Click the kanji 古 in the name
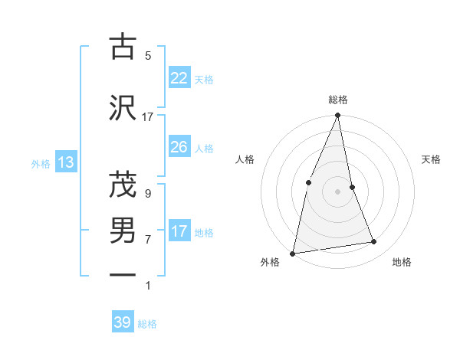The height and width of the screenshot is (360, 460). coord(123,47)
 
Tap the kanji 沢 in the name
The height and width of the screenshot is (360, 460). coord(123,108)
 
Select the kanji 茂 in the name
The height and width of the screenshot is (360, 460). coord(123,185)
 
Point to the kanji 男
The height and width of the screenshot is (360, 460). coord(123,230)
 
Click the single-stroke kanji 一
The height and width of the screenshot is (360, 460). coord(123,274)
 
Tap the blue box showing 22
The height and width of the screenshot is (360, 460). coord(179,78)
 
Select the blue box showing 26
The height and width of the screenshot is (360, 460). coord(179,147)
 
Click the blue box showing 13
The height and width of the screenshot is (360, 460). coord(65,162)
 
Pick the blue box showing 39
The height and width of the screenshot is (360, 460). coord(123,322)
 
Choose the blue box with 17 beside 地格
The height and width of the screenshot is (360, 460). coord(179,231)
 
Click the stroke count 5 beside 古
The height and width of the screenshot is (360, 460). coord(148,55)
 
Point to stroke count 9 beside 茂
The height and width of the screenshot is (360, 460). coord(147,193)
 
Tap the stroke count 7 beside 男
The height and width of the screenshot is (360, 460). coord(147,239)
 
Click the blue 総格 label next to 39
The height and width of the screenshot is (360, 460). coord(147,324)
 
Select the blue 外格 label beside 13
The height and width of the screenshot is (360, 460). coord(41,163)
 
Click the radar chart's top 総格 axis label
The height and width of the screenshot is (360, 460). coord(337,100)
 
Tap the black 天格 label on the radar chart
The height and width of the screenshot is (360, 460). coord(431,159)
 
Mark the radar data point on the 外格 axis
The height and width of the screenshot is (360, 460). coord(292,253)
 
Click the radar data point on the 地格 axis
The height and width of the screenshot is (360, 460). coord(374,242)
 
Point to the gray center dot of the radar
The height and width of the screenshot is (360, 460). coord(337,191)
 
